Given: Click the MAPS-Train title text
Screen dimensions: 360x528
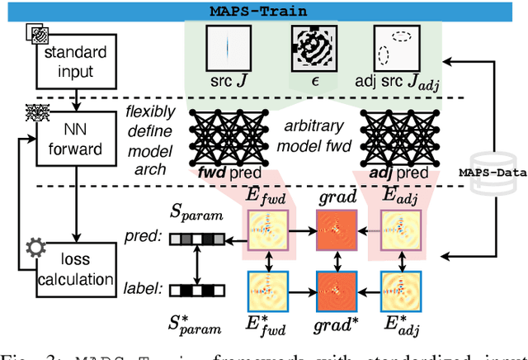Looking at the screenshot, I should click(x=263, y=11).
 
